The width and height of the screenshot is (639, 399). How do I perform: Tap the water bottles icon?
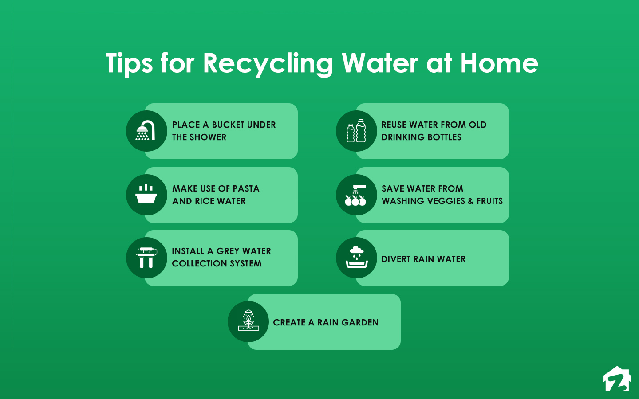[356, 131]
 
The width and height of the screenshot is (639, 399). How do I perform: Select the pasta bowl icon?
[146, 195]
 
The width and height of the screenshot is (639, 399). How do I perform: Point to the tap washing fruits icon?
[356, 195]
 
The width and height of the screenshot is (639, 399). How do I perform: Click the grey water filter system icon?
[146, 258]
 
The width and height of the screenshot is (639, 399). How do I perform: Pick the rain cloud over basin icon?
[356, 258]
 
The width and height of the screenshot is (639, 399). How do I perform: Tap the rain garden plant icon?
[248, 321]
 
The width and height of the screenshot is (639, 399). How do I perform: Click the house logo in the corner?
[617, 379]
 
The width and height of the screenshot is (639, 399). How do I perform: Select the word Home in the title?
[499, 63]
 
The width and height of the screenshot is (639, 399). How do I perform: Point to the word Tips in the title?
[129, 63]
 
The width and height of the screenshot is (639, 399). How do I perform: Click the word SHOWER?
[208, 137]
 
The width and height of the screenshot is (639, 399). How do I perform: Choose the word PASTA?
[246, 189]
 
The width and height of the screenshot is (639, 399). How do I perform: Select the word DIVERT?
[396, 259]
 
